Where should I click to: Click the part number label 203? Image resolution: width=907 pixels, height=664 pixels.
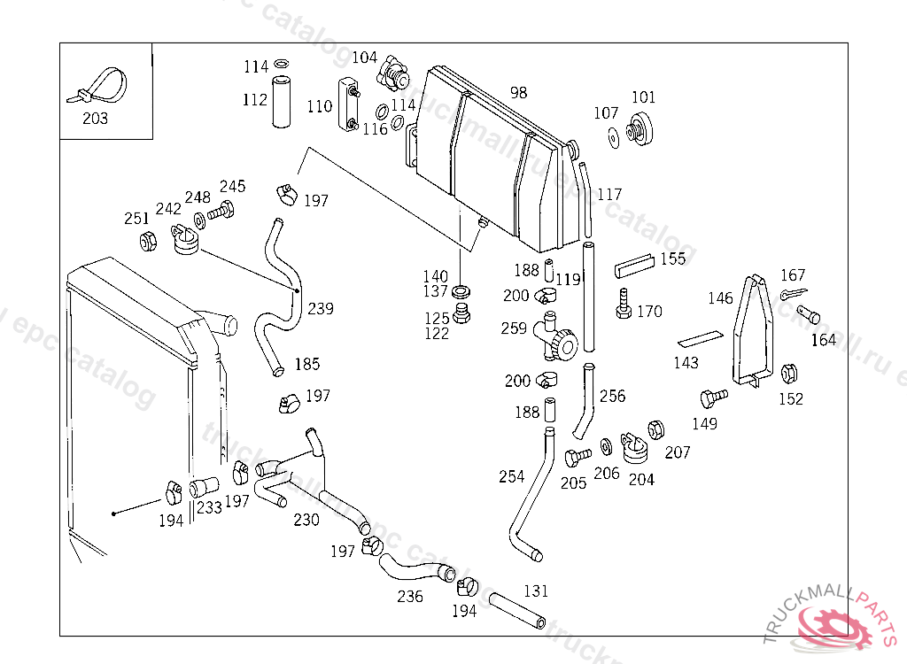[95, 118]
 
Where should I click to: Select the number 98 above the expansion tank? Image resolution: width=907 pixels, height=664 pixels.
[518, 93]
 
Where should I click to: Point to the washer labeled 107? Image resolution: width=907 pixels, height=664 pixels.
[612, 137]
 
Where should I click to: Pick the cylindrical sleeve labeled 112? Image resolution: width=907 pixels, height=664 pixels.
[281, 102]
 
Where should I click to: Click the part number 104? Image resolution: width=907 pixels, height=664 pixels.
[365, 58]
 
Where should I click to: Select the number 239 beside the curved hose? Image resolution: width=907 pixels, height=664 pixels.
[321, 308]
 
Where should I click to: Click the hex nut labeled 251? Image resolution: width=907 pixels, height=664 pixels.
[149, 240]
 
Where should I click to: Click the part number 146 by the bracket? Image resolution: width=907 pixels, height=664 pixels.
[720, 298]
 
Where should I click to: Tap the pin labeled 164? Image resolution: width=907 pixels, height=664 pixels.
[808, 313]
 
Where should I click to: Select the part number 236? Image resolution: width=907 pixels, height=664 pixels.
[410, 596]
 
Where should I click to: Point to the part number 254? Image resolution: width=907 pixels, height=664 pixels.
[512, 476]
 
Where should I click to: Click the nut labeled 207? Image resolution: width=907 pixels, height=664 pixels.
[656, 430]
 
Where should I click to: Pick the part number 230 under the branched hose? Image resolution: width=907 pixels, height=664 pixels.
[306, 520]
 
